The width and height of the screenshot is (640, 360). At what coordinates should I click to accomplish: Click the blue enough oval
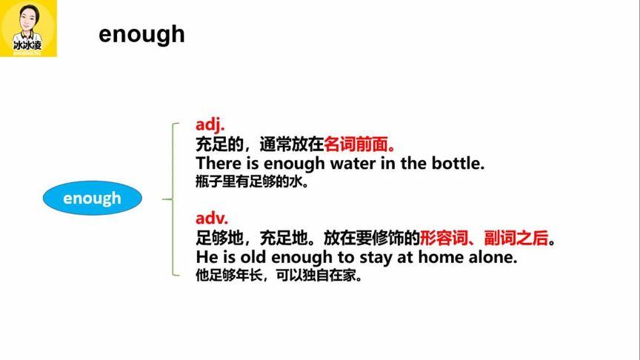92,199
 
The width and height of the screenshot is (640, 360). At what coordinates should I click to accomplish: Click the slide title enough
141,34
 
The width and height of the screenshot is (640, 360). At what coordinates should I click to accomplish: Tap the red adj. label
210,124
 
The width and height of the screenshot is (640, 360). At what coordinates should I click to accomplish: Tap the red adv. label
212,219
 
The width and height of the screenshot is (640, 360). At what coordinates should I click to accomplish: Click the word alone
490,258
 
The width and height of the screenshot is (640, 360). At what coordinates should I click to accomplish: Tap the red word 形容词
442,239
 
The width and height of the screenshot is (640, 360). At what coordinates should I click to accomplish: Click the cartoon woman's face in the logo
29,21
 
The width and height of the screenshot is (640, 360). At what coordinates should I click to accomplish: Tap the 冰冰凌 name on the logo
29,46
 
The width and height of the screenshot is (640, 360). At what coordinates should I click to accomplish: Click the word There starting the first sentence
217,163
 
